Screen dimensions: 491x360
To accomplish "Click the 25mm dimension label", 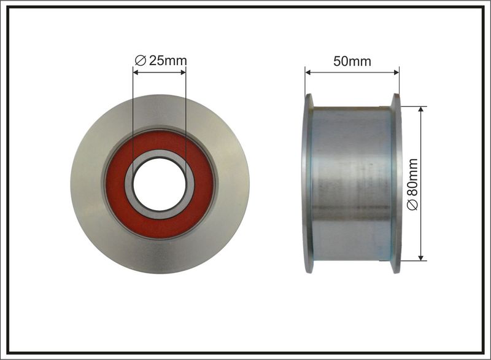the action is (161, 60).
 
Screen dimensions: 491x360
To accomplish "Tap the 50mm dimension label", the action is (352, 61).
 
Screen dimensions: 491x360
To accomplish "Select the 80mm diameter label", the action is (412, 184).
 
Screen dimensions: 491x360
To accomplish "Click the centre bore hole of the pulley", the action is (160, 184).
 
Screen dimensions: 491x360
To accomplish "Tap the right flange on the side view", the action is (396, 183).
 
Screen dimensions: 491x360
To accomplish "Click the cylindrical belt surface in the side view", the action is (352, 183).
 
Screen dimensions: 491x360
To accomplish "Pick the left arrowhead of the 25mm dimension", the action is (136, 72).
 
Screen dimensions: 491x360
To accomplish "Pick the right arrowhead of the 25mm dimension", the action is (183, 72).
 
